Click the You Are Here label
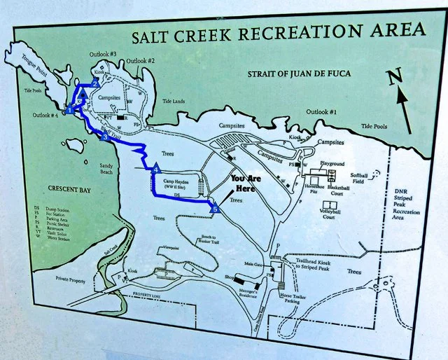coord(245,184)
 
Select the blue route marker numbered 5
coord(215,208)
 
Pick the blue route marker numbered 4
coord(155,169)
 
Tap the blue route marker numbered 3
coord(104,137)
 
